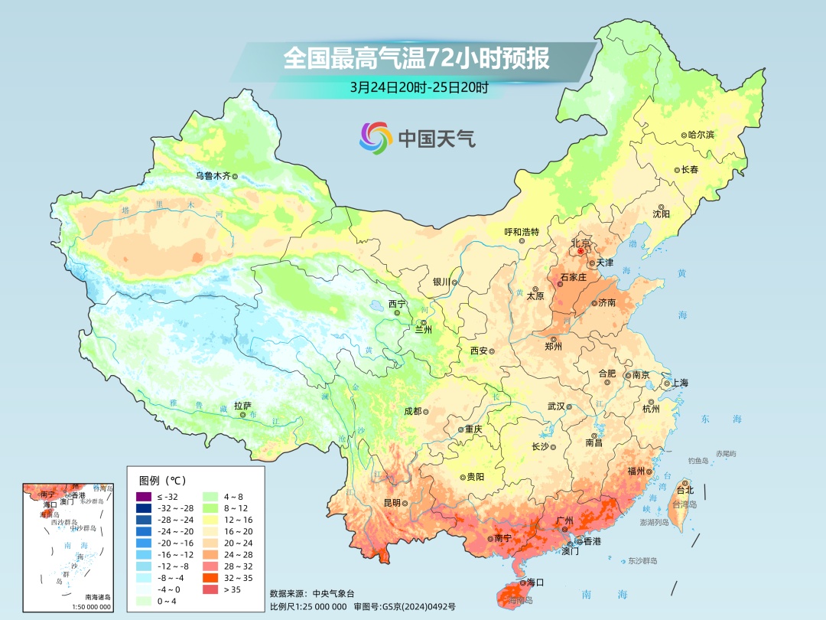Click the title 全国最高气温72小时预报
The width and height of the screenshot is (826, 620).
(416, 59)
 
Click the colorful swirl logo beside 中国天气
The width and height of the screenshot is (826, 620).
(376, 138)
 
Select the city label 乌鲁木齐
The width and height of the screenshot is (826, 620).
(212, 175)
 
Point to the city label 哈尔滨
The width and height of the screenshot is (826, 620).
(701, 135)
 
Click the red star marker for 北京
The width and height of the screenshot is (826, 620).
(580, 251)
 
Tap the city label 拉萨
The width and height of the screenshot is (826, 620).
(242, 406)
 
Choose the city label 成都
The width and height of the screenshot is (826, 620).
(412, 411)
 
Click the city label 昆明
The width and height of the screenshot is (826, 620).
(392, 503)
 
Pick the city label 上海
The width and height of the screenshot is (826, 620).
(679, 383)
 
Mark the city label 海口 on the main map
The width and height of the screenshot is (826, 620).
(535, 582)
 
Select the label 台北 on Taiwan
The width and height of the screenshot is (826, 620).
(685, 490)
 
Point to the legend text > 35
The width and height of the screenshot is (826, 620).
(232, 589)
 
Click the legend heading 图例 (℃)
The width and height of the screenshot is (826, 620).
(163, 481)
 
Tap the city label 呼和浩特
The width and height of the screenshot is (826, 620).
(522, 232)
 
